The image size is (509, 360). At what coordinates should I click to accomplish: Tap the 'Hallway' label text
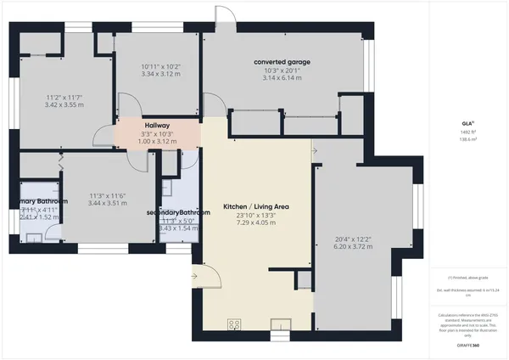[157, 125]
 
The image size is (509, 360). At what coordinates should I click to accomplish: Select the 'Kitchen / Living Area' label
[256, 207]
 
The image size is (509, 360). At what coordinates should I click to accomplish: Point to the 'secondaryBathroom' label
[177, 212]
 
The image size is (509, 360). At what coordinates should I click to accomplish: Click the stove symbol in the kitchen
[234, 323]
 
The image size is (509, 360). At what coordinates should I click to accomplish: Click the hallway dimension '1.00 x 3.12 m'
[157, 141]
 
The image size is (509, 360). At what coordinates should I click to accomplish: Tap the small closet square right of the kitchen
[303, 281]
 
